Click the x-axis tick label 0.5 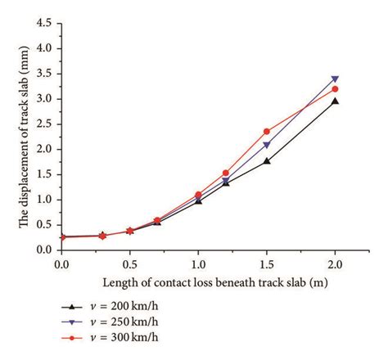point(129,265)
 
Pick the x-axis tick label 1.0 point(197,265)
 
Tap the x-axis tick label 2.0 point(334,265)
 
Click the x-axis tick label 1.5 point(266,265)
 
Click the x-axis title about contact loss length point(197,282)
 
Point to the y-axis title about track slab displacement point(16,135)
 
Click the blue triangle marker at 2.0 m point(334,79)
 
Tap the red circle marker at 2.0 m point(334,89)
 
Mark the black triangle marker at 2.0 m point(334,101)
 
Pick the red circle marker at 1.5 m point(266,131)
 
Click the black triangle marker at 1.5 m point(266,161)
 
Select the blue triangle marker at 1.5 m point(266,145)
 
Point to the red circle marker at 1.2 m point(225,173)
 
